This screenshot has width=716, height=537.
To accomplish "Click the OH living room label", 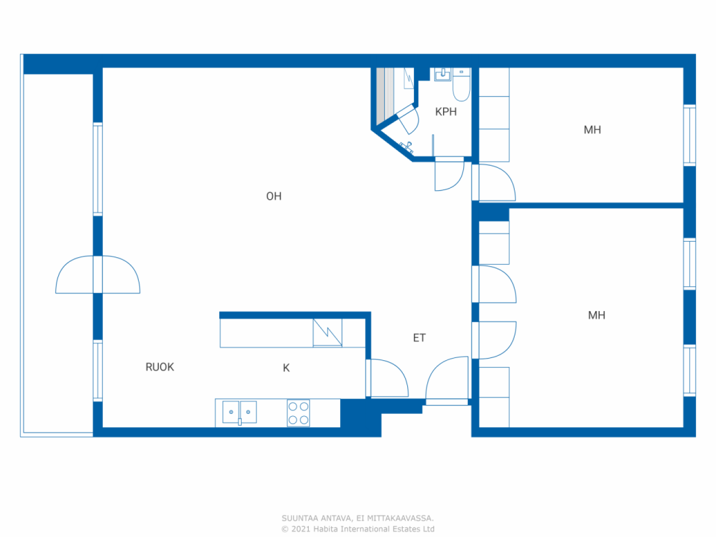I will [x=274, y=196].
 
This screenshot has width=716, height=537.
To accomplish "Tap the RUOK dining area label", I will [x=160, y=367].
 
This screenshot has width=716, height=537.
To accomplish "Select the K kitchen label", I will [x=286, y=368].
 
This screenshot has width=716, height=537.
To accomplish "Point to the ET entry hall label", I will [x=419, y=338].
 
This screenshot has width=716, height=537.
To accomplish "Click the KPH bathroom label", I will [x=446, y=112].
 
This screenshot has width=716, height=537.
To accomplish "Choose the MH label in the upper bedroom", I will [x=592, y=130].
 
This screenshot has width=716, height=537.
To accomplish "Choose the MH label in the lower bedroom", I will [x=596, y=315].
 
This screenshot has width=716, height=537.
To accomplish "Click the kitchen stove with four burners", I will [x=298, y=413].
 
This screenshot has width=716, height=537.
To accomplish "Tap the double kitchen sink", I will [x=239, y=412].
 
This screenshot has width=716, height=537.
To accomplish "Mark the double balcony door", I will [x=98, y=275].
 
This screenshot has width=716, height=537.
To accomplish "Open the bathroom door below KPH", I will [x=449, y=174].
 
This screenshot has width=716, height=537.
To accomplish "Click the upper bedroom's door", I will [x=494, y=182].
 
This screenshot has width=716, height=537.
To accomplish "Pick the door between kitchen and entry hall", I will [x=387, y=378].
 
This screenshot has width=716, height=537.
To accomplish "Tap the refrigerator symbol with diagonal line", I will [x=327, y=333].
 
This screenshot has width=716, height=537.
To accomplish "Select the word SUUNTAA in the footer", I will [x=300, y=519].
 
